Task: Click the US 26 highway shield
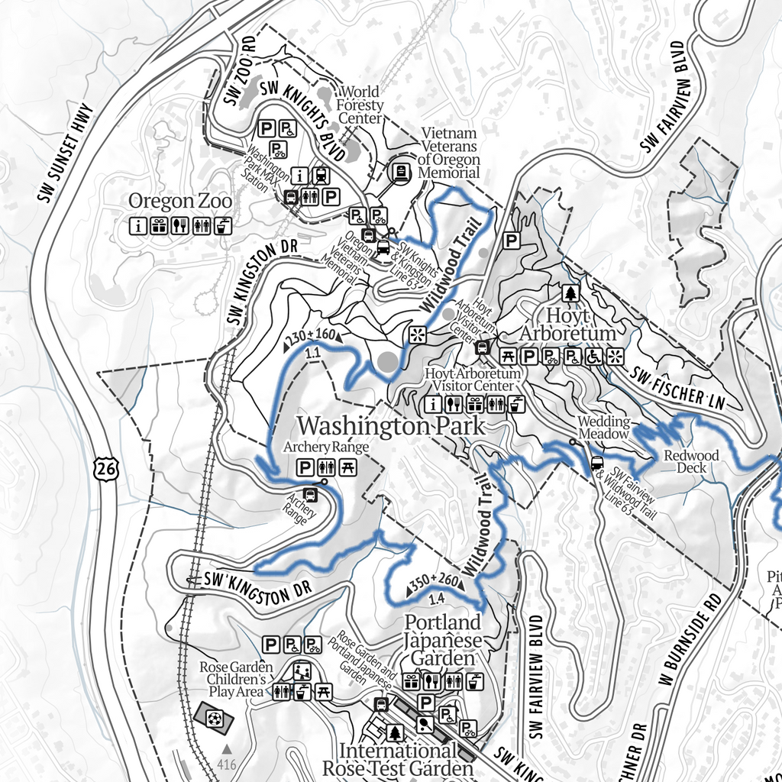107,470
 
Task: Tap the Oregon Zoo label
180,202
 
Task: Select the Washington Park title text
390,425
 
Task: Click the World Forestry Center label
360,105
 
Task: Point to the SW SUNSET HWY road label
63,153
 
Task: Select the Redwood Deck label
691,461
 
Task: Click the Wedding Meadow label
603,427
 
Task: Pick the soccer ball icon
214,719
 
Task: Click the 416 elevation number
226,763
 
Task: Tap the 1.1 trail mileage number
311,353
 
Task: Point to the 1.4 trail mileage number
437,598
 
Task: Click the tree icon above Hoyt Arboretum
570,293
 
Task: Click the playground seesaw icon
302,672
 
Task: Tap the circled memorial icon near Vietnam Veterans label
399,172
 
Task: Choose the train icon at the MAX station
321,176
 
